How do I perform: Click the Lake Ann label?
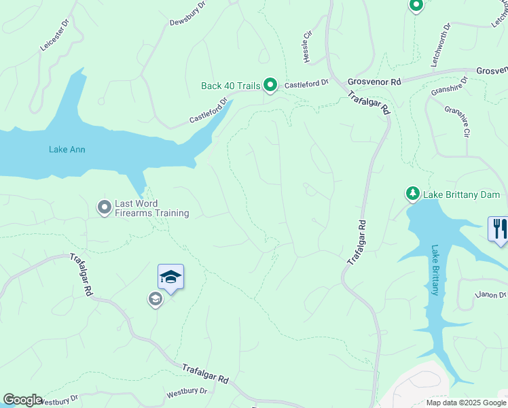pyautogui.click(x=67, y=150)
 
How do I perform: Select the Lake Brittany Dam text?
pyautogui.click(x=462, y=194)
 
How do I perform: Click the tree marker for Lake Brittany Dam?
pyautogui.click(x=412, y=194)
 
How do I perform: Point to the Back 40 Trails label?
pyautogui.click(x=231, y=86)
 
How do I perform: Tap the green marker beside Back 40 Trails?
pyautogui.click(x=270, y=85)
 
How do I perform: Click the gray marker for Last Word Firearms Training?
pyautogui.click(x=104, y=206)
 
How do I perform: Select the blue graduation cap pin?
pyautogui.click(x=170, y=277)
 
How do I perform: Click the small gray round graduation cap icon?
pyautogui.click(x=155, y=299)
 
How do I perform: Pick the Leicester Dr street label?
pyautogui.click(x=55, y=35)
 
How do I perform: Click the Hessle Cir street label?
pyautogui.click(x=307, y=47)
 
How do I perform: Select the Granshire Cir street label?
pyautogui.click(x=457, y=121)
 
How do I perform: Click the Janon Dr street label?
pyautogui.click(x=491, y=294)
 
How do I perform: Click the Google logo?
pyautogui.click(x=22, y=400)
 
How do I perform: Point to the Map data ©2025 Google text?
pyautogui.click(x=466, y=403)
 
